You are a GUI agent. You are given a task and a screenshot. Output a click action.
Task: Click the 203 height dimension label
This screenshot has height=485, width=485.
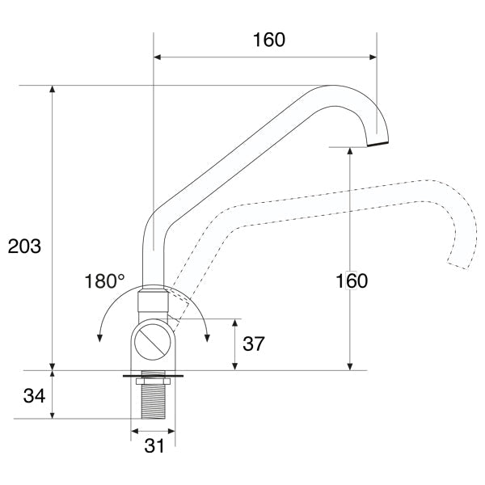point(24,247)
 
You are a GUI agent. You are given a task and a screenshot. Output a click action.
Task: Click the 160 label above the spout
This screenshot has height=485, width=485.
point(268,40)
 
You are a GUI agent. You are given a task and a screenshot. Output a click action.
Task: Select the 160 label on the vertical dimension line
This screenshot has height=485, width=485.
point(350,281)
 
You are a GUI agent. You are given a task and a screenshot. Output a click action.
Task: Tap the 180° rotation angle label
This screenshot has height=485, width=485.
point(105,282)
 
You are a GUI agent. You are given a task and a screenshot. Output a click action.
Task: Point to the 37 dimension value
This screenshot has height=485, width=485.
point(253,344)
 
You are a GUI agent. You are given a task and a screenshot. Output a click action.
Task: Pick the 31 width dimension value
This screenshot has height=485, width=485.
point(154,445)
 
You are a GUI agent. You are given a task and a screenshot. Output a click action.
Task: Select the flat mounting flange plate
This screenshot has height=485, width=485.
point(153,375)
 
